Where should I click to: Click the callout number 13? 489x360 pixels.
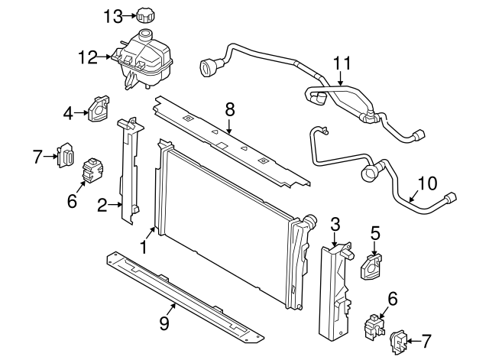[112, 15]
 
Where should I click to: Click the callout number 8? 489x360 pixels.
[228, 111]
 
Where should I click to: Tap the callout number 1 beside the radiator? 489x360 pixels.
[143, 247]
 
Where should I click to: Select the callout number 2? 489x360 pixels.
[101, 204]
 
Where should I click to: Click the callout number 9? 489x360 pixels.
[164, 324]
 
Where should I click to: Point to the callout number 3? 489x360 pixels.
[334, 223]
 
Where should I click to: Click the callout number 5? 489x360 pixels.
[375, 232]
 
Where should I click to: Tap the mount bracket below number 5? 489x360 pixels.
[371, 264]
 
